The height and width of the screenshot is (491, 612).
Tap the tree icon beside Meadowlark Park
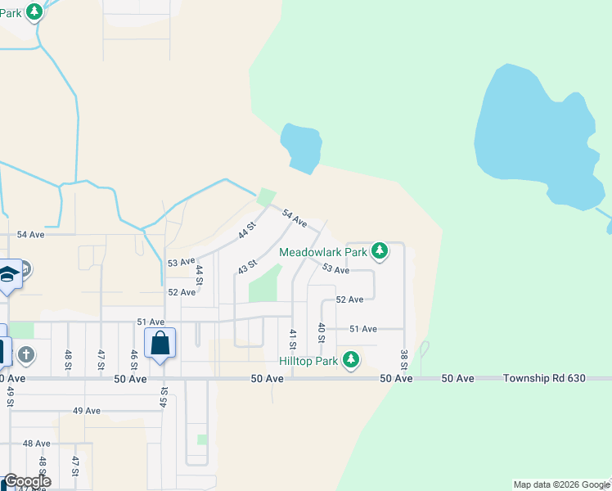(379, 250)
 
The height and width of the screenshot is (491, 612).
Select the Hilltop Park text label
(308, 360)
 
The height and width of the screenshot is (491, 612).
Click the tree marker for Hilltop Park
(351, 359)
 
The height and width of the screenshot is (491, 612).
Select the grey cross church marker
(26, 354)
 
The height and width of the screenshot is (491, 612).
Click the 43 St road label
(247, 267)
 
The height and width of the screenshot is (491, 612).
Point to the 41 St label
(292, 338)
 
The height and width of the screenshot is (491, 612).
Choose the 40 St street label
(322, 332)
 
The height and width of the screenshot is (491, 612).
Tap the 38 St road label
(403, 358)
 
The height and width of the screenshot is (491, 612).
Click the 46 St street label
(133, 359)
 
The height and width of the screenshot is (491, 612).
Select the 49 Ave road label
(86, 411)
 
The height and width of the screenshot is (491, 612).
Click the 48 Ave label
(36, 444)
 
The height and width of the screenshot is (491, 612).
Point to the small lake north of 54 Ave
(299, 147)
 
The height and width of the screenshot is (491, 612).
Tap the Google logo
(27, 481)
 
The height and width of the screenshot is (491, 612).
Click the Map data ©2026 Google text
(561, 484)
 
